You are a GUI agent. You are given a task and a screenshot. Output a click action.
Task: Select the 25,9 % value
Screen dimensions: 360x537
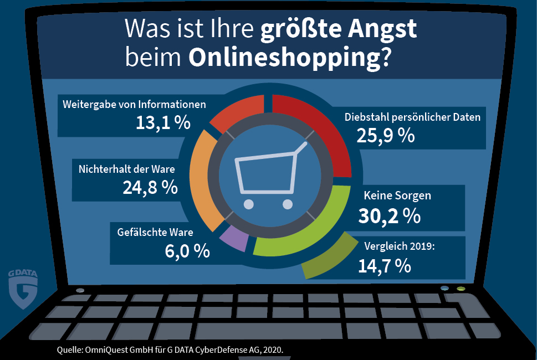pos(386,136)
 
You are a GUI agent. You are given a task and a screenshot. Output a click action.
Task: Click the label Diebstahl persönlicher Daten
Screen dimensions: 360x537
pos(412,117)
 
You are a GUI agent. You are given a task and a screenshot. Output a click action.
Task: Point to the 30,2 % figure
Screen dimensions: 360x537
pos(389,215)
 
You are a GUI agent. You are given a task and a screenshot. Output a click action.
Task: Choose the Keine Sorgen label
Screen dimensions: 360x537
pos(397,196)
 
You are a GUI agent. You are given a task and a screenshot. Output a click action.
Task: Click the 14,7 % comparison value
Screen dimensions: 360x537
pos(385,266)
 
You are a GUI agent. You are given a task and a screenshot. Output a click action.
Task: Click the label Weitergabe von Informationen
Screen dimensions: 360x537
pos(135,104)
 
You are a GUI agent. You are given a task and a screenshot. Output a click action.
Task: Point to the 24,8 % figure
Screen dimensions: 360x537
pos(150,187)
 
